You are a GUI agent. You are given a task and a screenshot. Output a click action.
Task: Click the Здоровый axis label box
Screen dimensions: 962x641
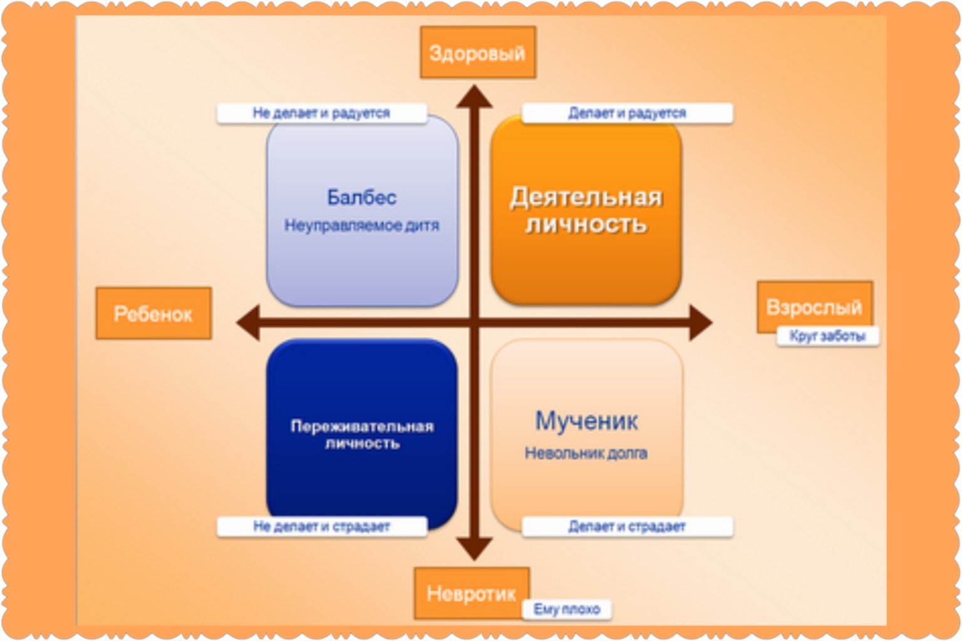[x=478, y=53]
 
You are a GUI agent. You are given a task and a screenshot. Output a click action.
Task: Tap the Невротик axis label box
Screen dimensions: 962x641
[x=472, y=593]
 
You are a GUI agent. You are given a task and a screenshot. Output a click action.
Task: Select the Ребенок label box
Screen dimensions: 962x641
[x=153, y=314]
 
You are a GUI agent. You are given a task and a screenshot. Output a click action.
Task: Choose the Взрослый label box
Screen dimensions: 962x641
[x=815, y=307]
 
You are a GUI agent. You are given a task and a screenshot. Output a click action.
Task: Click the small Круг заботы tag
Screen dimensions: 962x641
[x=827, y=336]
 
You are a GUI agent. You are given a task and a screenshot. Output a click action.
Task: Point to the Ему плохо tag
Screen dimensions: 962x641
[x=566, y=609]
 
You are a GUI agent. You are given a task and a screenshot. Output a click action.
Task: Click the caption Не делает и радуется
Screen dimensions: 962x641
[x=322, y=113]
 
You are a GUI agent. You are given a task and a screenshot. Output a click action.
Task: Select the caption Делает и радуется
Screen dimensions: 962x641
[x=627, y=113]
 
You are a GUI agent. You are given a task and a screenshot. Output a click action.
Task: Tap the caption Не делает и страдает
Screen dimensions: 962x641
[x=322, y=526]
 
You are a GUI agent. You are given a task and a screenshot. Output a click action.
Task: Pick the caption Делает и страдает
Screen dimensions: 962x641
[x=627, y=526]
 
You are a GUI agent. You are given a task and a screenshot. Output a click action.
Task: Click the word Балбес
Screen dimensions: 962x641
[x=361, y=197]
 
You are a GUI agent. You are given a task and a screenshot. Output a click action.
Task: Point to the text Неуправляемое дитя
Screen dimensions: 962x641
[x=361, y=225]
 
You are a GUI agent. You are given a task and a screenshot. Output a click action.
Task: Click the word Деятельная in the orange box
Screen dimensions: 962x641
[x=586, y=198]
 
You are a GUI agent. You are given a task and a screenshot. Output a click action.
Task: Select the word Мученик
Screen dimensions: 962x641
[x=586, y=421]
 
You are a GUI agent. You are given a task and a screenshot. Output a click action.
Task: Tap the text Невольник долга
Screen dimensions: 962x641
[x=586, y=453]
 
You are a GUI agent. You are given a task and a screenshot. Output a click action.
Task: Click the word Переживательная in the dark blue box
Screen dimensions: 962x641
[x=362, y=426]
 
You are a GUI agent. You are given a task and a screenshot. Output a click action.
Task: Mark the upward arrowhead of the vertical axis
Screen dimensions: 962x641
[x=474, y=96]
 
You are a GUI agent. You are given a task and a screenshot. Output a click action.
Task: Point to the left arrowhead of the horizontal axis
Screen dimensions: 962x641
[x=248, y=323]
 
